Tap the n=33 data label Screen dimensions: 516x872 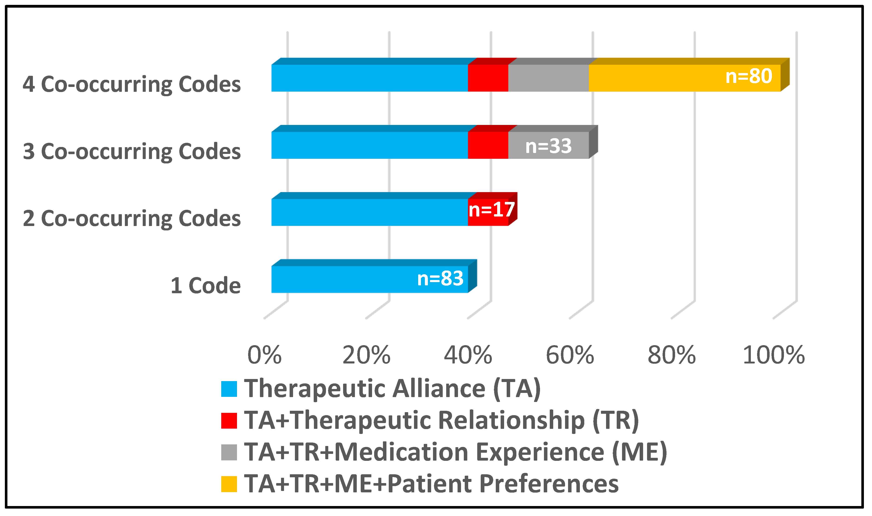tap(548, 146)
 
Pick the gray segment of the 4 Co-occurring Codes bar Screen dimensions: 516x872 tap(548, 78)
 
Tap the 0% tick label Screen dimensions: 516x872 tap(264, 355)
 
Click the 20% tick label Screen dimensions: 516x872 tap(366, 355)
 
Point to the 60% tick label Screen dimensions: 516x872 tap(570, 355)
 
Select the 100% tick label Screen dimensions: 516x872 tap(773, 355)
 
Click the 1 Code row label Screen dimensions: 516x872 tap(205, 286)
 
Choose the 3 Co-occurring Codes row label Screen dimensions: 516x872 tap(132, 152)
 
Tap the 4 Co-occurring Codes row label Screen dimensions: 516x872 tap(132, 84)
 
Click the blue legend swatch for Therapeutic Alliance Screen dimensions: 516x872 tap(229, 389)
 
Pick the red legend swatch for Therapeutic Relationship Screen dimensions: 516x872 tap(229, 421)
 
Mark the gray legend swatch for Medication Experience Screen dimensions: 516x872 tap(229, 452)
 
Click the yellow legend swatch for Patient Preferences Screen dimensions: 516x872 tap(229, 484)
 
